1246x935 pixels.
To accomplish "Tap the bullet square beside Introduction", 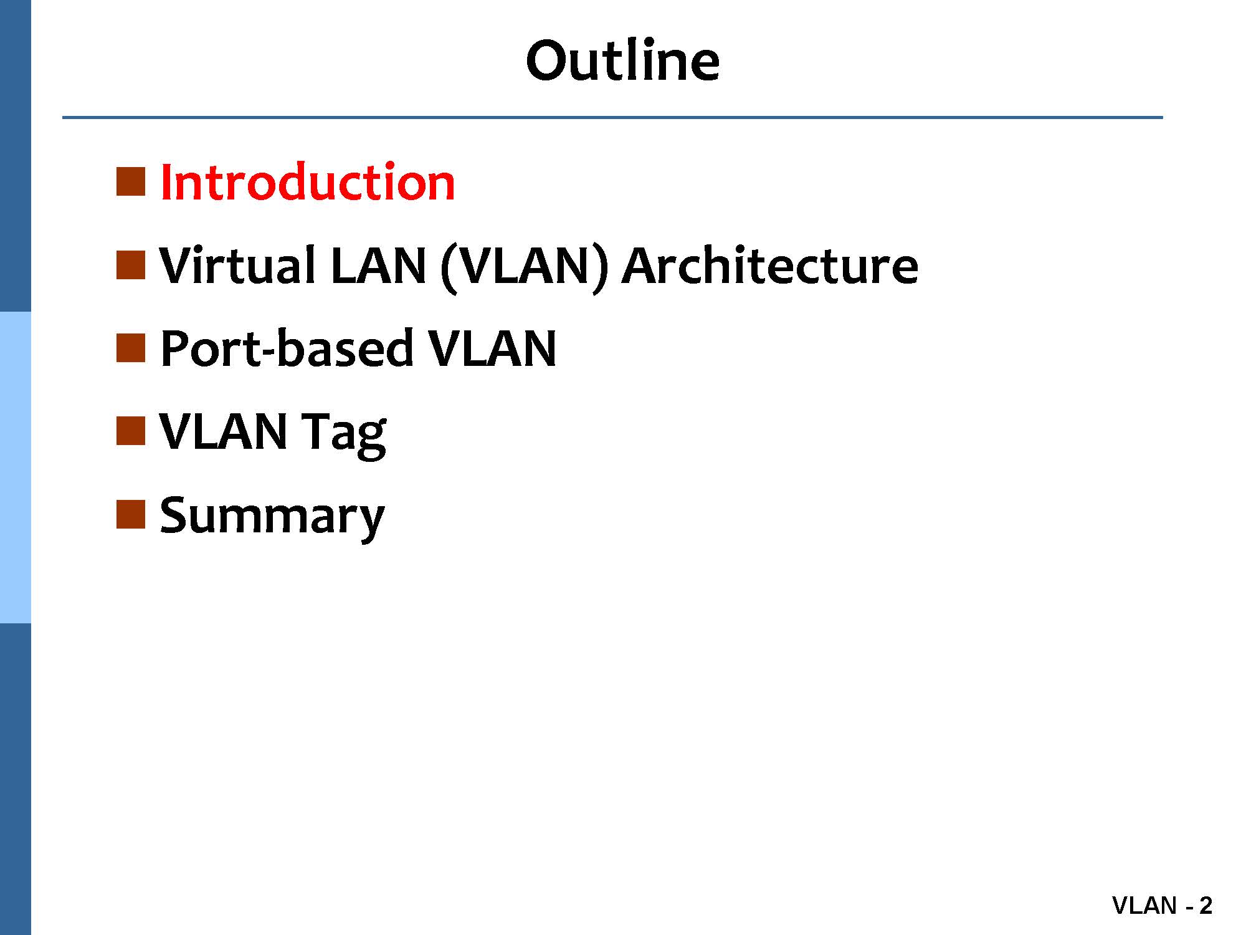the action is point(131,181).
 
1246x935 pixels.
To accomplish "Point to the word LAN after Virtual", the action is point(378,266).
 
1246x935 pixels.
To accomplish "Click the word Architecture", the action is point(770,265).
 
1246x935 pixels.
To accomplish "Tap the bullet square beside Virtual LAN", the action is point(131,264).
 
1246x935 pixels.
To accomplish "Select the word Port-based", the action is point(287,348).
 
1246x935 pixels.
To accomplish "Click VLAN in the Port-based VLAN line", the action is point(492,348).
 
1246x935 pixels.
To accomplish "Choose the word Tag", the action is point(344,434).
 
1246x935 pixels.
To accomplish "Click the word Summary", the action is point(272,517).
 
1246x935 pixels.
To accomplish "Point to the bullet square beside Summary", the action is point(131,514).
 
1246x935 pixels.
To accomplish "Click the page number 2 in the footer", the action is point(1206,905).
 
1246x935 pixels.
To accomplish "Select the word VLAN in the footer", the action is point(1144,905).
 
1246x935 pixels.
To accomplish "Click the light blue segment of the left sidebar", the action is point(15,467).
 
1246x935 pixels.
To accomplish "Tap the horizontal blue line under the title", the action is point(612,117).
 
